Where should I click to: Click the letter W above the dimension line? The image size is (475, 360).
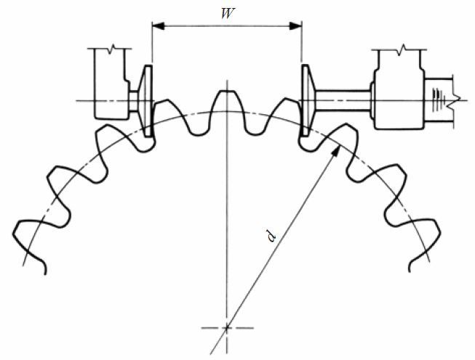[x=226, y=12]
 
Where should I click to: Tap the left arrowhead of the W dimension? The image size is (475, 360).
[x=156, y=25]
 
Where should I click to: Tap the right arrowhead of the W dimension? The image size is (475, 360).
[x=296, y=25]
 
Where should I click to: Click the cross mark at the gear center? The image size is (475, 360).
[x=226, y=327]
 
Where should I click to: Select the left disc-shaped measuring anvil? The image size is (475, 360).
[x=146, y=100]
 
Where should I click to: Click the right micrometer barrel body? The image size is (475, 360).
[x=397, y=91]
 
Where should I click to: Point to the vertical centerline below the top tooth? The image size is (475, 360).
[x=226, y=218]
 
